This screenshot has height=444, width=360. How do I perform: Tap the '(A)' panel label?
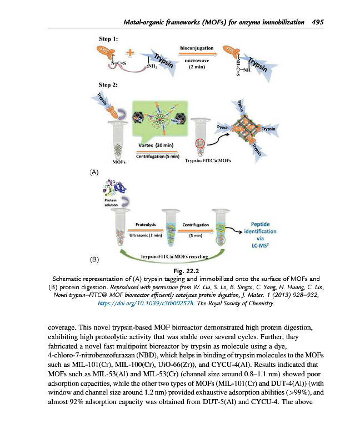click(94, 173)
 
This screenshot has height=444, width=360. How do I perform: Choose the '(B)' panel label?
click(94, 259)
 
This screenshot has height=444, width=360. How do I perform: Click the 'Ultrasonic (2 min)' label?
click(146, 235)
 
